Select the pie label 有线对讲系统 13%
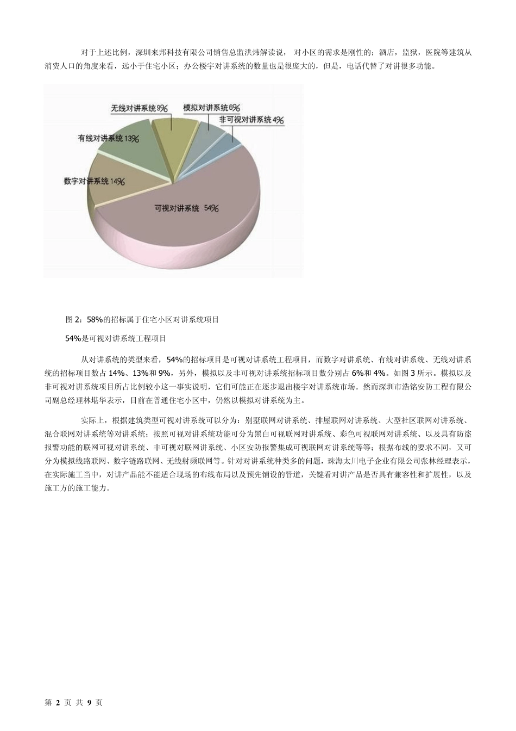(x=108, y=139)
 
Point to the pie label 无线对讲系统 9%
(x=139, y=108)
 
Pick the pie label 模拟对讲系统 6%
(x=211, y=108)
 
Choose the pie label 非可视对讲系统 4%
(x=251, y=120)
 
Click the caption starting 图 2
(x=142, y=320)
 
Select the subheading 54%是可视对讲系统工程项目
(x=116, y=338)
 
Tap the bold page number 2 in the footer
(x=57, y=702)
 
